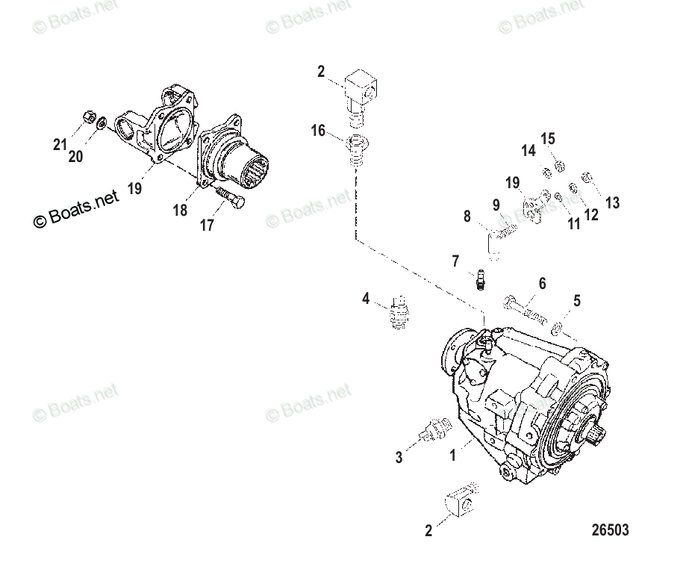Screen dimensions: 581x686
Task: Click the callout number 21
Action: (60, 145)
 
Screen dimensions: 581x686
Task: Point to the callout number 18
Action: (180, 211)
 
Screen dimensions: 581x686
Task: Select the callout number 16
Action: (319, 131)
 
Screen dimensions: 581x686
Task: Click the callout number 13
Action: (612, 203)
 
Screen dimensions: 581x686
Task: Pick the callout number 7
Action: (455, 261)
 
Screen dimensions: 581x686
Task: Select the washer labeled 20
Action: (102, 122)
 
